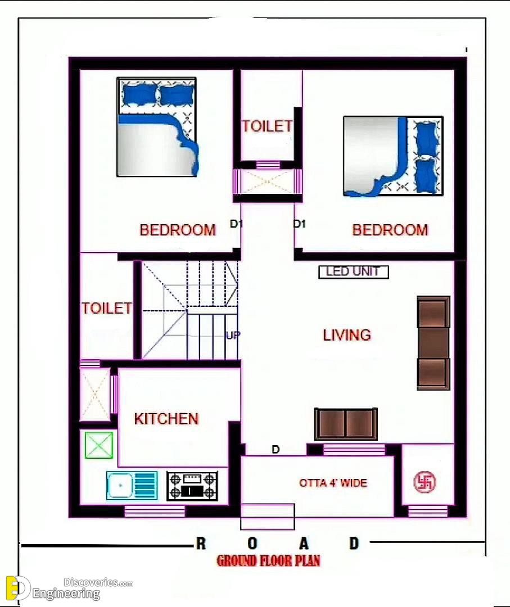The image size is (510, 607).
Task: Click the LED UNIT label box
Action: (x=353, y=272)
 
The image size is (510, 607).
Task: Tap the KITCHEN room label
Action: (x=166, y=419)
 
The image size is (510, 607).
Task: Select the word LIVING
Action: (x=347, y=335)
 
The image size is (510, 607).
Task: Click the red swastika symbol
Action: (x=425, y=482)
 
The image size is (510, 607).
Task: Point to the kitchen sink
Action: (x=132, y=485)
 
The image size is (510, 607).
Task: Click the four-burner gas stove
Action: (x=192, y=486)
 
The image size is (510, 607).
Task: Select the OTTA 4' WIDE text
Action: (x=333, y=483)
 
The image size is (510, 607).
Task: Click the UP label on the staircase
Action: (x=233, y=335)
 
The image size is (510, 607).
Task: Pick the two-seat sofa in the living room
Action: (x=346, y=424)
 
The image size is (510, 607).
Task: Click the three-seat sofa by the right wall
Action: (x=434, y=343)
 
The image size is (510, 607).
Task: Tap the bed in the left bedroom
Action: (x=157, y=127)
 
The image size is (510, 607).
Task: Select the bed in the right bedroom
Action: (x=393, y=156)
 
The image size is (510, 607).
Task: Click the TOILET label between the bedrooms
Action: (x=267, y=126)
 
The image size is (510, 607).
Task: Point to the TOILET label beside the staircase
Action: (x=106, y=308)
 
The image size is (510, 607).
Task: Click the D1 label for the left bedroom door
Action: (x=236, y=224)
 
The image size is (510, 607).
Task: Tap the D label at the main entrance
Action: (x=276, y=450)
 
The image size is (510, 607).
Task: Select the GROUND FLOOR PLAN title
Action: (x=268, y=560)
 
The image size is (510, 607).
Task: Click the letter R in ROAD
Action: (x=201, y=543)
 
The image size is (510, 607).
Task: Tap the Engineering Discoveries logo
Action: (x=69, y=588)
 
